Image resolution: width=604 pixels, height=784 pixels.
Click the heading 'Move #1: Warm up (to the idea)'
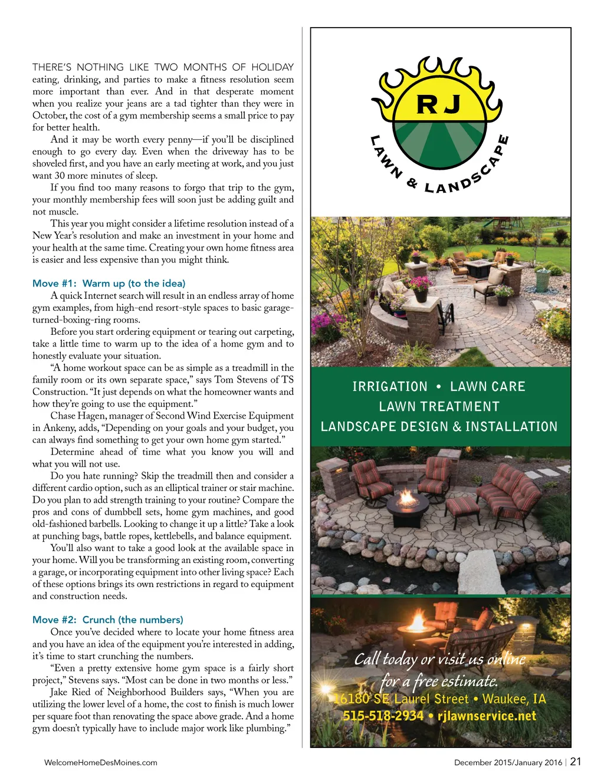pos(109,284)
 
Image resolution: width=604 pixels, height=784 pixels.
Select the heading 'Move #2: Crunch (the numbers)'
pos(107,620)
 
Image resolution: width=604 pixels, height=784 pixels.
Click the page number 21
pos(576,762)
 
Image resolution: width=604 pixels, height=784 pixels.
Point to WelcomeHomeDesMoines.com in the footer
pos(101,763)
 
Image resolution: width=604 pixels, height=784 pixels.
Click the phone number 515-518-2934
pos(383,716)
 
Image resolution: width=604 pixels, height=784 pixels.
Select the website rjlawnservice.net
pos(487,716)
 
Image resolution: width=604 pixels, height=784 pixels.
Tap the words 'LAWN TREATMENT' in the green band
pos(439,407)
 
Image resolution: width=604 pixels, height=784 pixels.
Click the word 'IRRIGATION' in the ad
pos(390,387)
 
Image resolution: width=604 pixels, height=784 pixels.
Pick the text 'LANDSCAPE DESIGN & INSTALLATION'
pos(439,427)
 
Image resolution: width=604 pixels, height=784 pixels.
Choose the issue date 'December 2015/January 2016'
pos(508,763)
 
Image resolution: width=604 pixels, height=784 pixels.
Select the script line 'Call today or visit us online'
pos(439,659)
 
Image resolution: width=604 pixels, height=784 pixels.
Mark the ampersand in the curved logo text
pos(412,183)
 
